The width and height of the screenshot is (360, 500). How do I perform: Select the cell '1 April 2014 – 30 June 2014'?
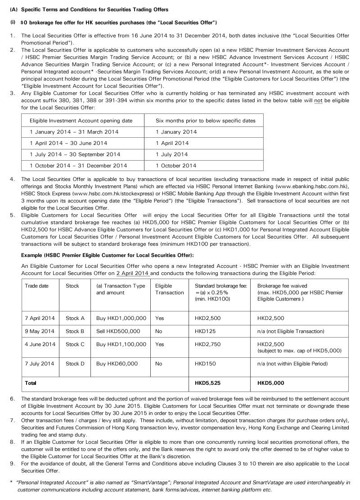click(x=68, y=143)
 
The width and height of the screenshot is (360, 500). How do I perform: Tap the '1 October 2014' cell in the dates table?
click(x=176, y=166)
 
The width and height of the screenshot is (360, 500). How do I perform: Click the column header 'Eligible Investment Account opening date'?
click(x=81, y=121)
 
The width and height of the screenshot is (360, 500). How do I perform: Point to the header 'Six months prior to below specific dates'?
click(x=206, y=121)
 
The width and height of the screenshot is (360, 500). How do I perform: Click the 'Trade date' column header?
click(x=36, y=286)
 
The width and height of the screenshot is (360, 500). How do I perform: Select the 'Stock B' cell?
click(x=75, y=331)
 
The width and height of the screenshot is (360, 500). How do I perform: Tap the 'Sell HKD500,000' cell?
click(x=118, y=331)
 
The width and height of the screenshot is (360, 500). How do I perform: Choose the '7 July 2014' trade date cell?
click(x=40, y=364)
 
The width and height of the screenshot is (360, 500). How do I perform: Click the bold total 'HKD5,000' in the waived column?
click(x=270, y=383)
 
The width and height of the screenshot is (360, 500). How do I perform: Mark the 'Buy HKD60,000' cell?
click(x=117, y=364)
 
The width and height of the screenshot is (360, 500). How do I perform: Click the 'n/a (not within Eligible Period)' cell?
click(x=292, y=364)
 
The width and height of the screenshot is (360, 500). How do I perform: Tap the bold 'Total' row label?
click(x=31, y=383)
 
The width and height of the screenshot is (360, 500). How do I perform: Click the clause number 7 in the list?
click(x=12, y=420)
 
